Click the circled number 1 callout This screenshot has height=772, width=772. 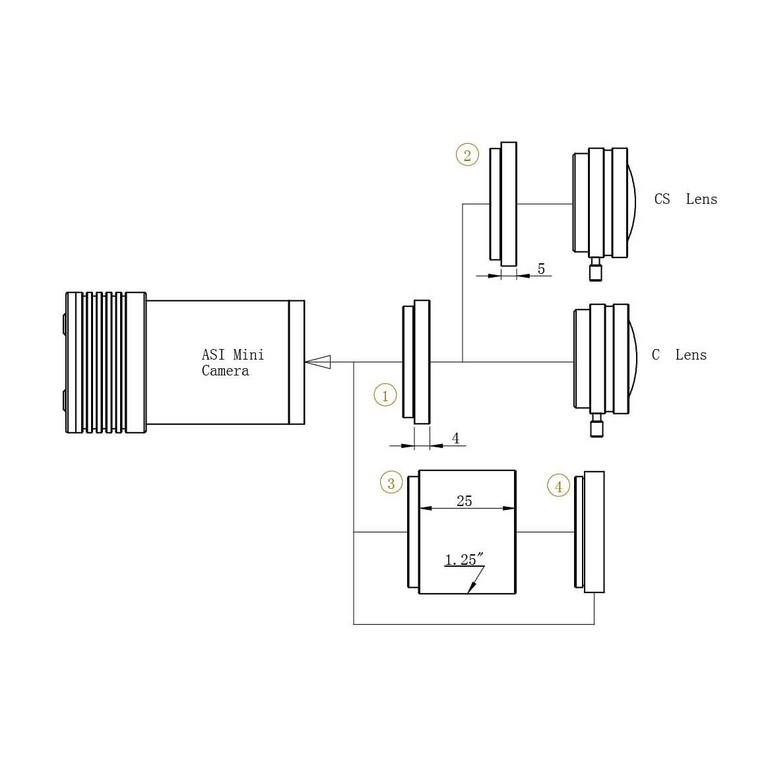385,395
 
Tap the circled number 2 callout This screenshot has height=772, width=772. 467,155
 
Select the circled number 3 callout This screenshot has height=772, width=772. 391,483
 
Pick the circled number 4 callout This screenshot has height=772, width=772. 558,486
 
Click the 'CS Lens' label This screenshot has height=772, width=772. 685,199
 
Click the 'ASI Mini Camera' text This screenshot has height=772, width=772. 232,362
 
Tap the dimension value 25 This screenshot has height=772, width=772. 464,501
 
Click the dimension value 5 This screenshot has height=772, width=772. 541,269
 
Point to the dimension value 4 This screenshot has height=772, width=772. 455,438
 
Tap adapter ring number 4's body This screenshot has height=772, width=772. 593,531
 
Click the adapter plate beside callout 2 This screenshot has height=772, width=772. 503,204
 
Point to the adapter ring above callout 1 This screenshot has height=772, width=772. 417,362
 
